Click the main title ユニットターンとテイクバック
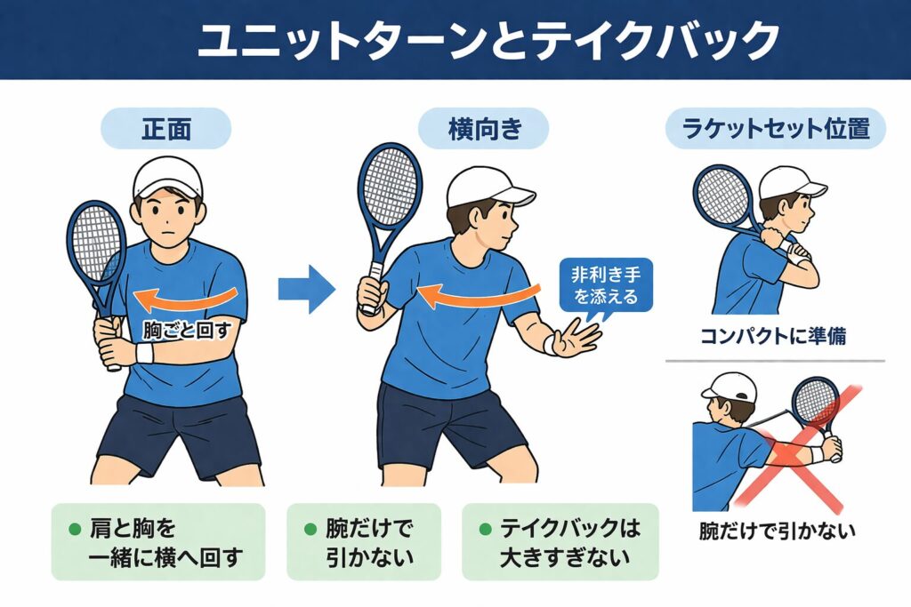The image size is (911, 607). point(488,41)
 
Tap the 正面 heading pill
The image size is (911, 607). point(166,128)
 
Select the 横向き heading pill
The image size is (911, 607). point(483,128)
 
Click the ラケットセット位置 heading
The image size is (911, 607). point(776,128)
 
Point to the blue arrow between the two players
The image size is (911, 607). point(306,289)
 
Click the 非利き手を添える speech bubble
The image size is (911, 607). point(605,286)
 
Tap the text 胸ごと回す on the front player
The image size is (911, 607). point(187,331)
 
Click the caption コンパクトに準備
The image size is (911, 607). point(773,336)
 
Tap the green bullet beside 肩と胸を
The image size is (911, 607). point(75,530)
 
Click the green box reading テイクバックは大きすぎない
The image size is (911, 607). point(560,542)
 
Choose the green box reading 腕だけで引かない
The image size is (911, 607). point(364,542)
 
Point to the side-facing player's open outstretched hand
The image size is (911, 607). point(576,338)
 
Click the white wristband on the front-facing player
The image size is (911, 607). point(144,352)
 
